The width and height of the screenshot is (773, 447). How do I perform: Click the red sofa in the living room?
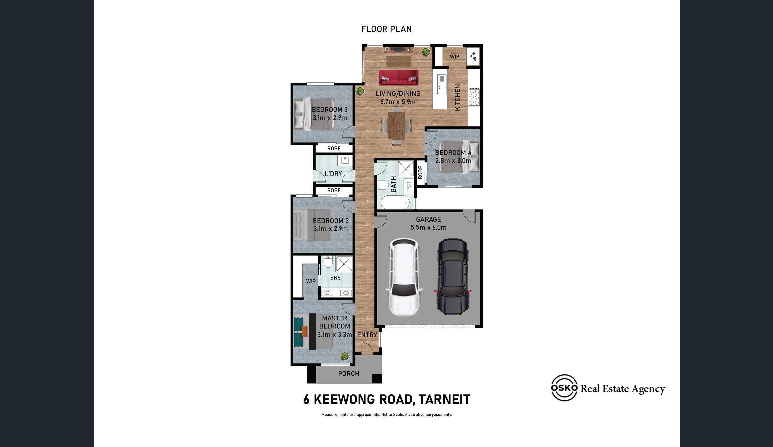(399, 78)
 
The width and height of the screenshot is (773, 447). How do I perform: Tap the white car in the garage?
(404, 277)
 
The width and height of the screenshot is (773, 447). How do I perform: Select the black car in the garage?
(453, 276)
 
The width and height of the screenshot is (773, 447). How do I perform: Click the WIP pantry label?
(455, 57)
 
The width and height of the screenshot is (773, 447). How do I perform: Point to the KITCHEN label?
(457, 97)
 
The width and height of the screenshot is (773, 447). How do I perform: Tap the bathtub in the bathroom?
(395, 202)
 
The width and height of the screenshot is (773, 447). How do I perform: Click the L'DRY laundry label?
(333, 174)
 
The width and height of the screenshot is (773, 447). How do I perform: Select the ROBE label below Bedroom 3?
(334, 149)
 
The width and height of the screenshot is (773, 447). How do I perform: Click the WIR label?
(311, 281)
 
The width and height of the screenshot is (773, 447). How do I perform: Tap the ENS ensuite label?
(335, 278)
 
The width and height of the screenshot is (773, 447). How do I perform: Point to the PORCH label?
(349, 374)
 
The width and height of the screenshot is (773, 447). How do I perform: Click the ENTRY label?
(367, 335)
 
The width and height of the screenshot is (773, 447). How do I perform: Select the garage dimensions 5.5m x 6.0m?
(429, 227)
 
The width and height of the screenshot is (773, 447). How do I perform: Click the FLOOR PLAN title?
(386, 29)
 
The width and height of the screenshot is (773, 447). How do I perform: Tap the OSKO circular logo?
(564, 388)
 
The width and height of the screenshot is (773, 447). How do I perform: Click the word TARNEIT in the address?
(445, 400)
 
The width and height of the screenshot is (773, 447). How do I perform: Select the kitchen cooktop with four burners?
(474, 97)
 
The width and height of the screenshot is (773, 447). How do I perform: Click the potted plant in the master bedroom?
(344, 356)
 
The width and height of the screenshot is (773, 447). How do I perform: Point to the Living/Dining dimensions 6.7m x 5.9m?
(398, 102)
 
